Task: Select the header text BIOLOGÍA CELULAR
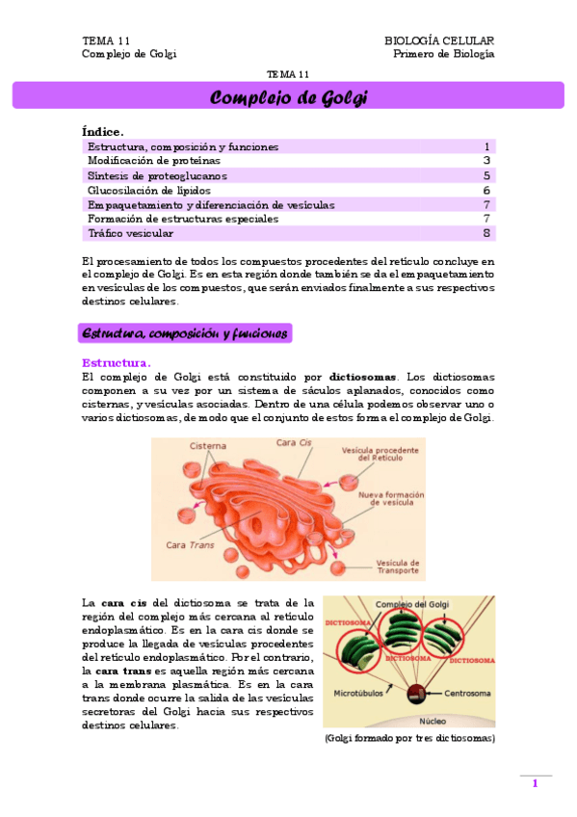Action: tap(439, 40)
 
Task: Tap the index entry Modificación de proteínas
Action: tap(153, 161)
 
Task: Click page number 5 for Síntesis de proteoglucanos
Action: tap(487, 175)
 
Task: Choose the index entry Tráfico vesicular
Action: tap(131, 233)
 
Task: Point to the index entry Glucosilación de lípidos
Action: tap(148, 190)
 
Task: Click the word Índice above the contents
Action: tap(103, 131)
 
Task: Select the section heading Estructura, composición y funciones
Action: tap(185, 333)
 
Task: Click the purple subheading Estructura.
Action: tap(116, 362)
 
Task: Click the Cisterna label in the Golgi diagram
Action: tap(208, 446)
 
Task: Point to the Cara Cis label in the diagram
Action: tap(293, 443)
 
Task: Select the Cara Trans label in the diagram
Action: tap(190, 545)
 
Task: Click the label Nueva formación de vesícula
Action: tap(391, 498)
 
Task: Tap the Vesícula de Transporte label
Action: tap(397, 567)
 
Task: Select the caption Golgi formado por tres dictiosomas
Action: tap(409, 738)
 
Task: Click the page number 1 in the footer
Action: tap(535, 783)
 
